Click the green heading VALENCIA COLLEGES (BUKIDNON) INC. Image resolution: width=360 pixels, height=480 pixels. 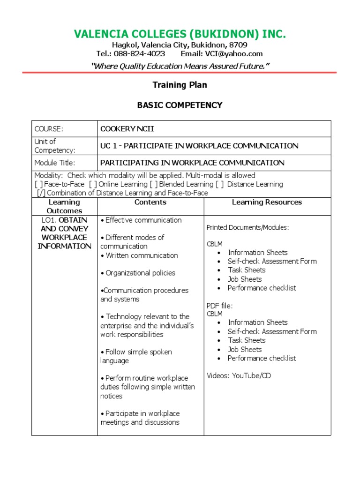click(x=180, y=34)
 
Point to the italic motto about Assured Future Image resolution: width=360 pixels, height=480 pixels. click(x=180, y=66)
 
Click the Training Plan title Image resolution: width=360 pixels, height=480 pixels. click(x=180, y=85)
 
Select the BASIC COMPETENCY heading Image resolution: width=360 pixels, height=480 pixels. click(x=180, y=105)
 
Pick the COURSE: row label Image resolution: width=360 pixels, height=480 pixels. click(x=49, y=129)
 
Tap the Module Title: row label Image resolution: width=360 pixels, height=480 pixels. click(x=54, y=163)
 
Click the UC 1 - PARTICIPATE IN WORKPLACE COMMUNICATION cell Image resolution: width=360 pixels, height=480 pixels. click(x=199, y=146)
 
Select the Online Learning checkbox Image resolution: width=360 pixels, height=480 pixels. click(x=92, y=184)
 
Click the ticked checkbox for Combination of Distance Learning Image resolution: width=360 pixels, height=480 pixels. click(x=41, y=193)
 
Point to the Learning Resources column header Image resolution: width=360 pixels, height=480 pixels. click(x=267, y=202)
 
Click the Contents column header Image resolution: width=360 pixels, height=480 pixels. click(x=150, y=202)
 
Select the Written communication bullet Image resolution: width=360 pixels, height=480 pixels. click(x=139, y=255)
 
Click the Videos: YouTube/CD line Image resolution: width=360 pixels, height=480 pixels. click(x=239, y=375)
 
